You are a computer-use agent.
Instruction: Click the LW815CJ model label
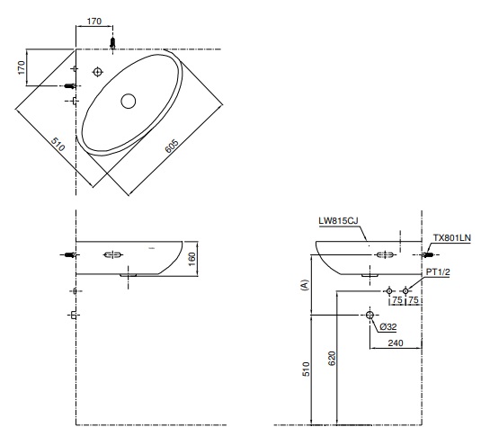(338, 218)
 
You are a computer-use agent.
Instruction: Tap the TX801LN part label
(452, 238)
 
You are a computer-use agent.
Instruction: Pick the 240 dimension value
(396, 343)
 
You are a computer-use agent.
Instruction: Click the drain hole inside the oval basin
(128, 102)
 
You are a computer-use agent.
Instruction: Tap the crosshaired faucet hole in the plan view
(98, 70)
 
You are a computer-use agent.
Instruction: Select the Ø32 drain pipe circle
(369, 315)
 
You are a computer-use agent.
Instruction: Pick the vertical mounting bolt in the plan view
(112, 42)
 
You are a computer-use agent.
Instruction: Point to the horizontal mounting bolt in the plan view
(68, 85)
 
